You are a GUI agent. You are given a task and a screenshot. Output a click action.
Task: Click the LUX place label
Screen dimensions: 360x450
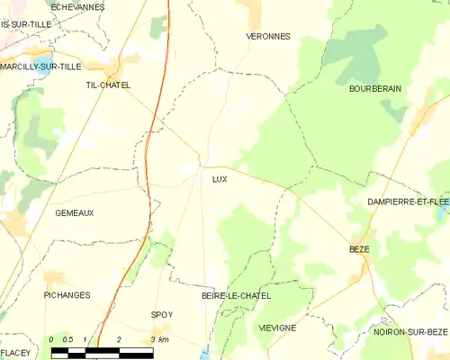click(x=220, y=178)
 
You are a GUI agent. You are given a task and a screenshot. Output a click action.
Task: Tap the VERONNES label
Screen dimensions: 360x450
click(x=267, y=37)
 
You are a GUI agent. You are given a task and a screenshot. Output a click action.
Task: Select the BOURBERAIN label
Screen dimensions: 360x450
click(x=375, y=89)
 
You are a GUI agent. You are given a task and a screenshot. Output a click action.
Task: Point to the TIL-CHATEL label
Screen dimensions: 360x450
click(x=108, y=85)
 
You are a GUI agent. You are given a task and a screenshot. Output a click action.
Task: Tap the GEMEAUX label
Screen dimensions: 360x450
click(x=74, y=212)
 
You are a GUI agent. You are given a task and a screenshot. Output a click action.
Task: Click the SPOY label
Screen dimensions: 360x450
click(x=162, y=314)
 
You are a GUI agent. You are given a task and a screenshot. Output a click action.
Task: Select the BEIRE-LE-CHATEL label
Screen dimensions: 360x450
click(x=236, y=295)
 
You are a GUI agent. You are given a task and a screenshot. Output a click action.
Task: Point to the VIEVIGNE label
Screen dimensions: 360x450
click(x=276, y=328)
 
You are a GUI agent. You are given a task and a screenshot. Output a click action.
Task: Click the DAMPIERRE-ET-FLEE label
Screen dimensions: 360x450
click(x=408, y=202)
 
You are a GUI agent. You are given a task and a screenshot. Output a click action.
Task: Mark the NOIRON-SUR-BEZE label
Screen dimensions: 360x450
click(x=410, y=332)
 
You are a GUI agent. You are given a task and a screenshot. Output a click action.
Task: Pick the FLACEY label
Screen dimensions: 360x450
click(x=15, y=352)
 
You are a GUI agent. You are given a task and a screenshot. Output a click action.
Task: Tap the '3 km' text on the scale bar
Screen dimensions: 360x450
click(x=159, y=339)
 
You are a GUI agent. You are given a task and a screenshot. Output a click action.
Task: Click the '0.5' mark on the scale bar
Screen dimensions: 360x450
click(x=67, y=339)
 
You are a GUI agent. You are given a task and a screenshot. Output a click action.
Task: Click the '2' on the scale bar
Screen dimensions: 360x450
click(x=119, y=339)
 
